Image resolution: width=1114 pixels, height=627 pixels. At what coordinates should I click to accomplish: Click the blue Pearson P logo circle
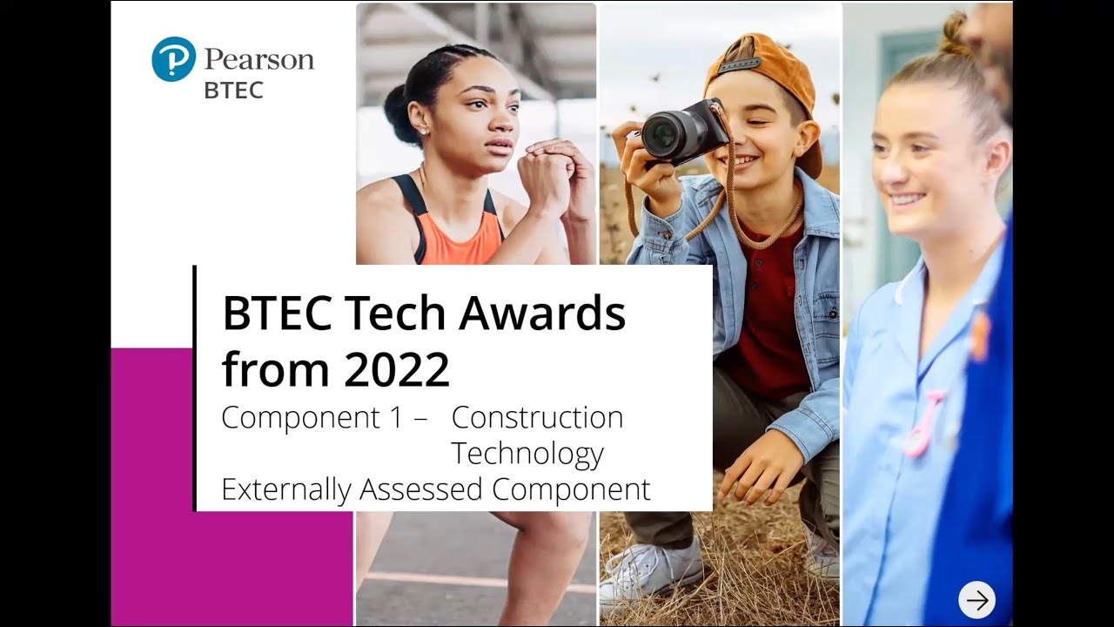tap(173, 59)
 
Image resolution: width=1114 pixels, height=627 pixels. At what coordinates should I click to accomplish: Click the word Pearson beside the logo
tap(258, 60)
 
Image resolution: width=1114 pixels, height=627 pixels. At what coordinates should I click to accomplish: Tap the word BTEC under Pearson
tap(233, 91)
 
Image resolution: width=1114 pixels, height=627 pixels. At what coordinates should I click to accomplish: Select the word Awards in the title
tap(542, 313)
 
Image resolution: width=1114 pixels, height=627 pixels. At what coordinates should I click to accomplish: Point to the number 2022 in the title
tap(396, 368)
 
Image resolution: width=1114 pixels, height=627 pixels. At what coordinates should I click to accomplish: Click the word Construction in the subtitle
tap(537, 418)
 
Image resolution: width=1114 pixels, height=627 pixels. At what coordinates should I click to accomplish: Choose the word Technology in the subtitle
tap(527, 454)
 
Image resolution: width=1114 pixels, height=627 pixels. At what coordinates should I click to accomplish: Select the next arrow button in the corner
tap(976, 599)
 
